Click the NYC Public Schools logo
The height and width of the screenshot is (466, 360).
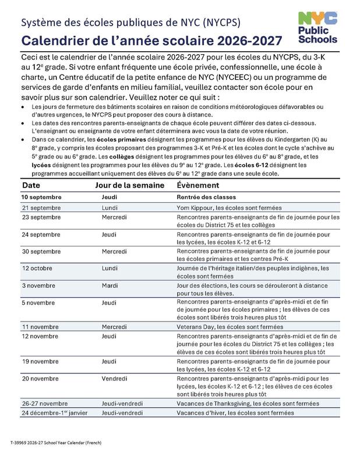[317, 28]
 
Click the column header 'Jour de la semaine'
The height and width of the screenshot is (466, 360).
[128, 185]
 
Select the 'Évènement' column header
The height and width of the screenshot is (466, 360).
[197, 185]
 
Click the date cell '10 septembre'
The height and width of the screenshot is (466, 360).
[43, 197]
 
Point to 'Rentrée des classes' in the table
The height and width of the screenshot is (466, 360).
[206, 197]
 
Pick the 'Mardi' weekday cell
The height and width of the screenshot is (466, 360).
[110, 285]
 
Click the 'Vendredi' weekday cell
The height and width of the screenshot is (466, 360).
[114, 378]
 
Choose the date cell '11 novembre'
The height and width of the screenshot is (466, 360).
[41, 327]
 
